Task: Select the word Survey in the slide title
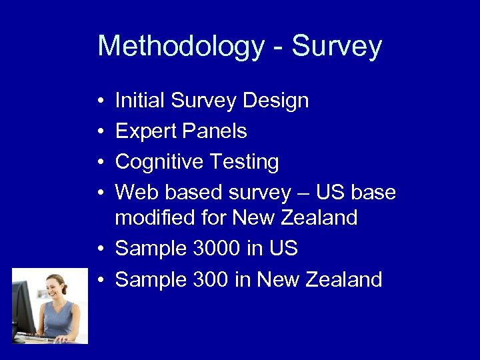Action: tap(337, 47)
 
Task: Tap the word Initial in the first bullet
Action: tap(140, 101)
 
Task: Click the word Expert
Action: tap(144, 131)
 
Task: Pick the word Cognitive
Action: tap(159, 162)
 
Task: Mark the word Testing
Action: tap(245, 162)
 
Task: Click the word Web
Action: tap(137, 193)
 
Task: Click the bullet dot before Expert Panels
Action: tap(99, 132)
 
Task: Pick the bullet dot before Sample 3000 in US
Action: tap(99, 249)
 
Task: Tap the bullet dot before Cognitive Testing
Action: tap(99, 163)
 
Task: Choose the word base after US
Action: tap(373, 193)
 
